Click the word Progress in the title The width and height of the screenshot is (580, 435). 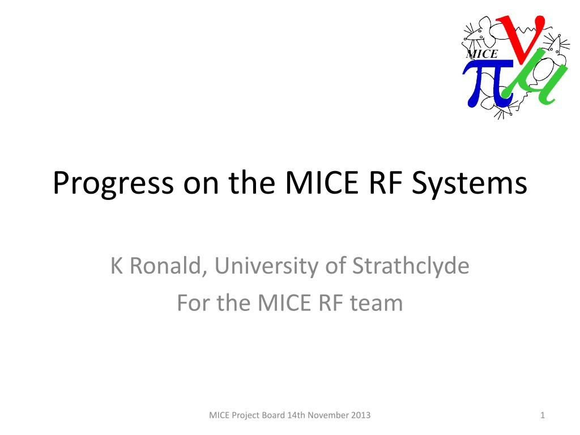[113, 183]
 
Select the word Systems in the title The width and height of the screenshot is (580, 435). [470, 182]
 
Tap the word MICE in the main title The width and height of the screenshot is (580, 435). [322, 182]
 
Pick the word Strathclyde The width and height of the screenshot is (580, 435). [411, 266]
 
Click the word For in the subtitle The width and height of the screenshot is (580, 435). [195, 303]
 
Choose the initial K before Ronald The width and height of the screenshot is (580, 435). [117, 266]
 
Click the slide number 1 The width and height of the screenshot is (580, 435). [543, 415]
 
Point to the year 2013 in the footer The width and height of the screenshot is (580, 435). [361, 415]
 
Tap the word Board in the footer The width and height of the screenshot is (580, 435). [274, 415]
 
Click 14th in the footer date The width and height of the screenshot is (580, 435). [296, 415]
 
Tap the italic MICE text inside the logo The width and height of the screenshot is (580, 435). [482, 54]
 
